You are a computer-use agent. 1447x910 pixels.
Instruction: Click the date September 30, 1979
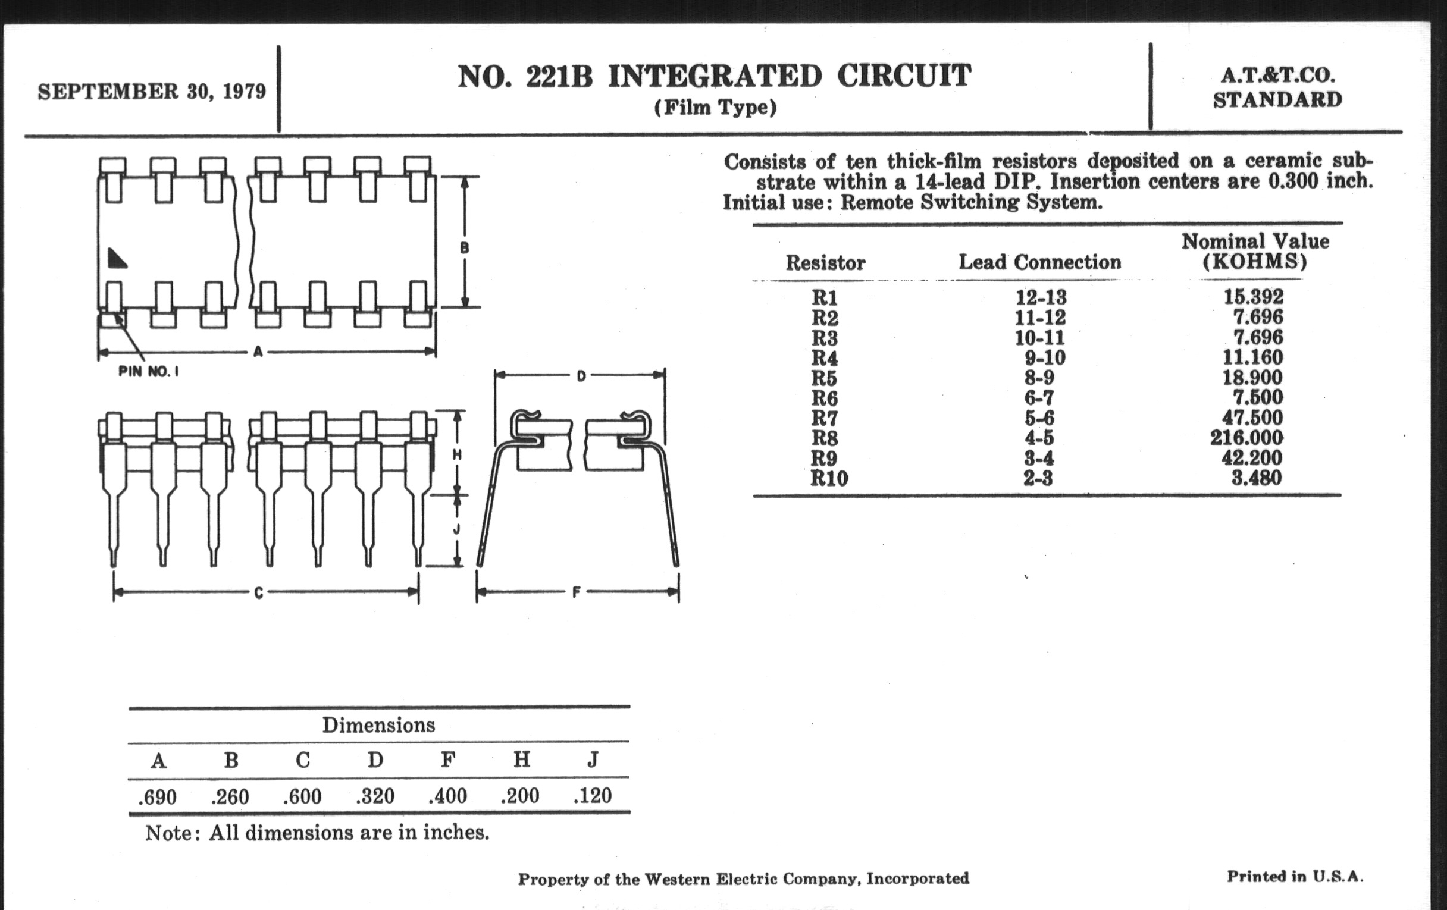(152, 92)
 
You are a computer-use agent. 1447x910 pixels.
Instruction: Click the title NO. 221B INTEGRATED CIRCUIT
(714, 76)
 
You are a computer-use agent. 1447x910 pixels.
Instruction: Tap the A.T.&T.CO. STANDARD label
(1277, 87)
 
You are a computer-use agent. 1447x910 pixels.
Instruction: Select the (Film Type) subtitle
(715, 108)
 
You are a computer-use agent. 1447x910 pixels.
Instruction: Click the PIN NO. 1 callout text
(148, 372)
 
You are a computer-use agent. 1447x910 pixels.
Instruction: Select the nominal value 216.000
(1246, 437)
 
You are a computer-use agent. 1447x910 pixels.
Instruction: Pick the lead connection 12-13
(1041, 297)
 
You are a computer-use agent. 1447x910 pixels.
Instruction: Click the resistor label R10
(829, 479)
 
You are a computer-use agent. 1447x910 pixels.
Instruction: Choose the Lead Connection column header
(1039, 262)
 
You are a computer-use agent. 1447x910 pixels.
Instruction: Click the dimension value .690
(158, 797)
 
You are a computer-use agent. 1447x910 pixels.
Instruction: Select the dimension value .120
(593, 796)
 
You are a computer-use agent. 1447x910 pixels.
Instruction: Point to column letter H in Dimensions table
(522, 760)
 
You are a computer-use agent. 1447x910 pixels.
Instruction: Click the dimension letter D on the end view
(581, 376)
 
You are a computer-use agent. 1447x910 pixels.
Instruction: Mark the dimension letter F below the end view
(577, 593)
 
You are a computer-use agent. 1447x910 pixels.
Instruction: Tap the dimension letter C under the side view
(258, 593)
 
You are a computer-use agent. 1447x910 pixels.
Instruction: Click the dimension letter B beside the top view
(464, 247)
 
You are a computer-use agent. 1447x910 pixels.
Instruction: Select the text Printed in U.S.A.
(1295, 876)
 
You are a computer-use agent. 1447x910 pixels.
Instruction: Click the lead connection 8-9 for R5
(1039, 378)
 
